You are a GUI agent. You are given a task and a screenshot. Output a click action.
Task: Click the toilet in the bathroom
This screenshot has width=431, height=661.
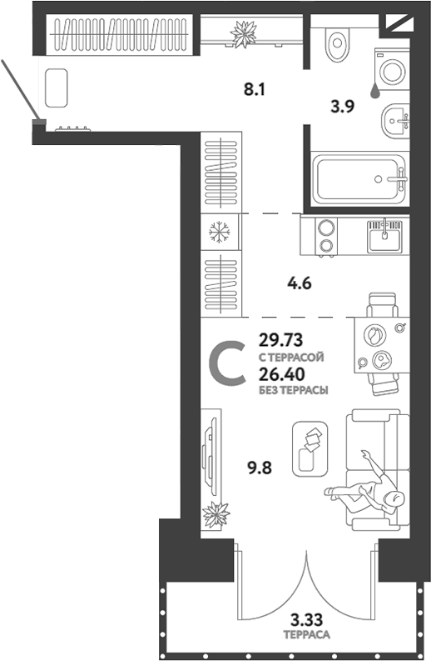click(338, 42)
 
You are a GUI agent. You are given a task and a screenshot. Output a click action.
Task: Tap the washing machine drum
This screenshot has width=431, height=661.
click(392, 70)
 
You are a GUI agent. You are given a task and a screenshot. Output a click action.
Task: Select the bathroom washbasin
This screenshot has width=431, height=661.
click(394, 122)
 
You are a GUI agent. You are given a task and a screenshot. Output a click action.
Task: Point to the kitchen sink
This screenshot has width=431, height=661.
click(384, 237)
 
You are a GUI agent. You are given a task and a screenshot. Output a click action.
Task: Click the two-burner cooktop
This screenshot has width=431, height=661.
click(326, 237)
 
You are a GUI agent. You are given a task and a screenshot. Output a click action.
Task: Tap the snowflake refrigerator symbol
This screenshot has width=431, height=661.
click(220, 232)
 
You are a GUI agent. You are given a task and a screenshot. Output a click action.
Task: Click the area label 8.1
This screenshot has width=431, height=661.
click(255, 89)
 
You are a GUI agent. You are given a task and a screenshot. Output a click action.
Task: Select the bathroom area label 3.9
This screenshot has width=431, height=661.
click(342, 106)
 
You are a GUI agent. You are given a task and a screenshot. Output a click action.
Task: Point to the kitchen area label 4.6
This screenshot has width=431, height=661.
click(300, 283)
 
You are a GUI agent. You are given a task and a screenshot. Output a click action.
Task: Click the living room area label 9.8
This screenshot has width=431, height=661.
click(260, 468)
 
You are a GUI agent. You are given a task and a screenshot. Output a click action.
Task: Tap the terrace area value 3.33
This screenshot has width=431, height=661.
click(307, 619)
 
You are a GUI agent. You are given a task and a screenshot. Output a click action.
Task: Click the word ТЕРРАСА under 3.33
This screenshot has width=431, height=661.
click(307, 634)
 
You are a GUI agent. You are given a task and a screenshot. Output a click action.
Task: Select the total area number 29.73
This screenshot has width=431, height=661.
click(280, 339)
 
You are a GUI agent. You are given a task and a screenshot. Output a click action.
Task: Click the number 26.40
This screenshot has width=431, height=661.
click(281, 374)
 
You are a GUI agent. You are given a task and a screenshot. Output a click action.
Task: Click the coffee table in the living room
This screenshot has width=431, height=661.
click(310, 448)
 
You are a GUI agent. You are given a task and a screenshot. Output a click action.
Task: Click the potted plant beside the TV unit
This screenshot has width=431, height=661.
click(216, 514)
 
